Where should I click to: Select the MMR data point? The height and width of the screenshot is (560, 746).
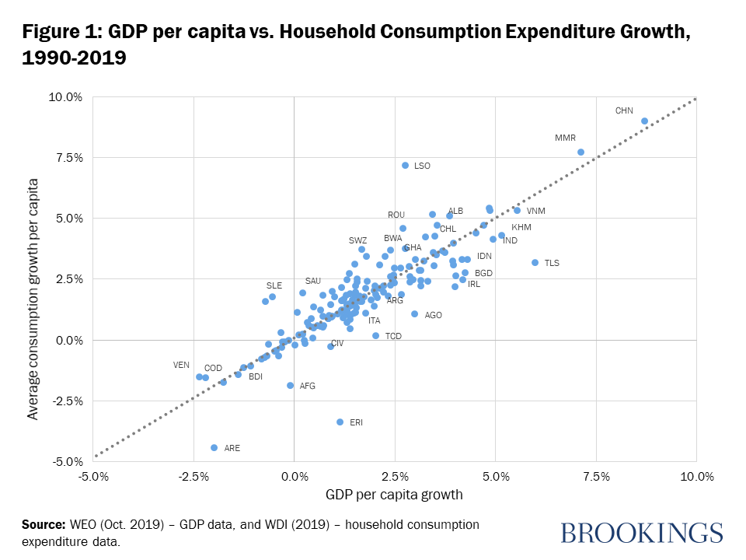coord(580,152)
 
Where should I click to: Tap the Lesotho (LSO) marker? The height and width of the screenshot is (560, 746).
coord(405,166)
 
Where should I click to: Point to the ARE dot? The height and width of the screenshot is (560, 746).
coord(214,447)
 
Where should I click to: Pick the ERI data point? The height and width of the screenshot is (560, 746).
coord(340,422)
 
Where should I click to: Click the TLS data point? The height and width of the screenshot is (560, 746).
coord(535,263)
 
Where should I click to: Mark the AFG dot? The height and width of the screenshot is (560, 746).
coord(291,385)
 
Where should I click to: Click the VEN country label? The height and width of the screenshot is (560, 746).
coord(181,365)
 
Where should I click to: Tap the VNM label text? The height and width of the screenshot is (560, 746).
coord(535,211)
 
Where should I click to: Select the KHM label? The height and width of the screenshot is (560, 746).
coord(521,227)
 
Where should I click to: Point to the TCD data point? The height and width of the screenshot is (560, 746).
coord(375,335)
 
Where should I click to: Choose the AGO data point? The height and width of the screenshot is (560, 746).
coord(414,314)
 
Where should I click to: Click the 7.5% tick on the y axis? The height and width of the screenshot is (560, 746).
coord(66,158)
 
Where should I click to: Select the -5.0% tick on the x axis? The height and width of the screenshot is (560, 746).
coord(93,477)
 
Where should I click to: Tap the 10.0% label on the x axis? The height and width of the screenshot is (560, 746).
coord(696,477)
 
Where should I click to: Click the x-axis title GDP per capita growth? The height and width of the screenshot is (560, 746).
coord(395,495)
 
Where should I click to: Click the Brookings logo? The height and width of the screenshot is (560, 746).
coord(641,533)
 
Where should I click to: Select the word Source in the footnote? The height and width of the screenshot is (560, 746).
coord(43,525)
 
